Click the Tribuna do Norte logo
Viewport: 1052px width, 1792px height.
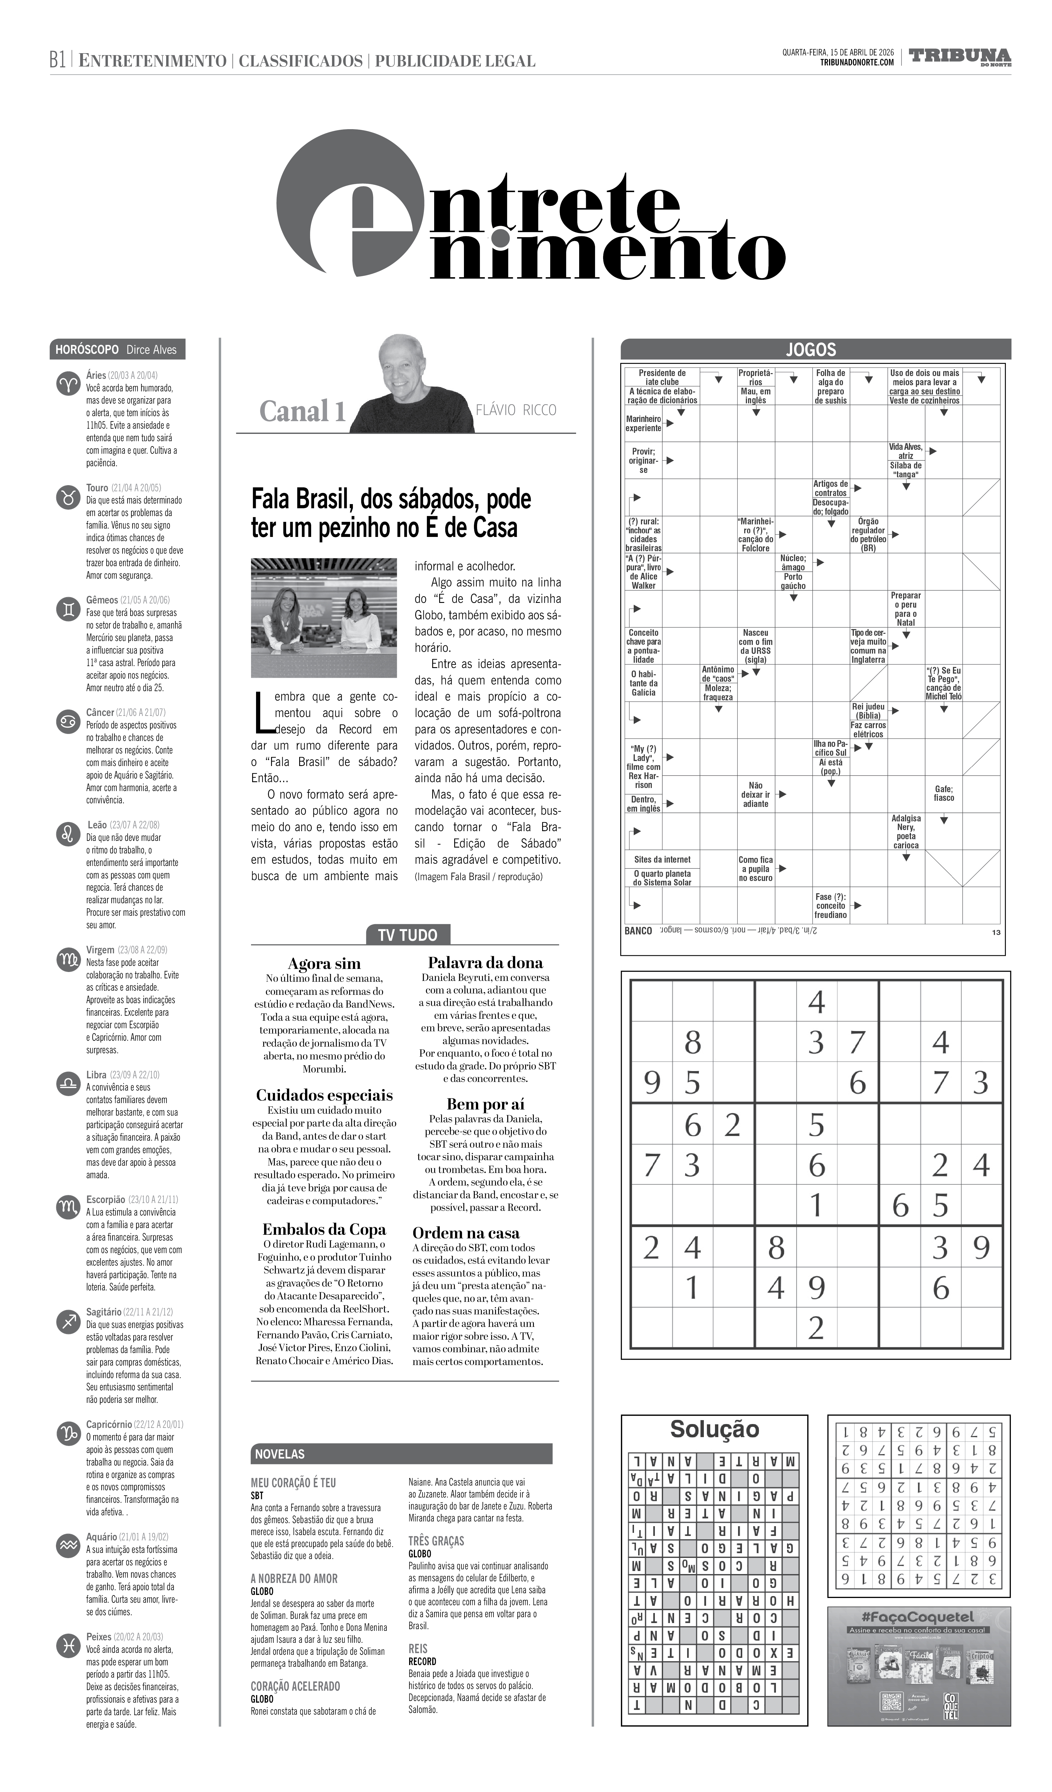click(960, 57)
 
